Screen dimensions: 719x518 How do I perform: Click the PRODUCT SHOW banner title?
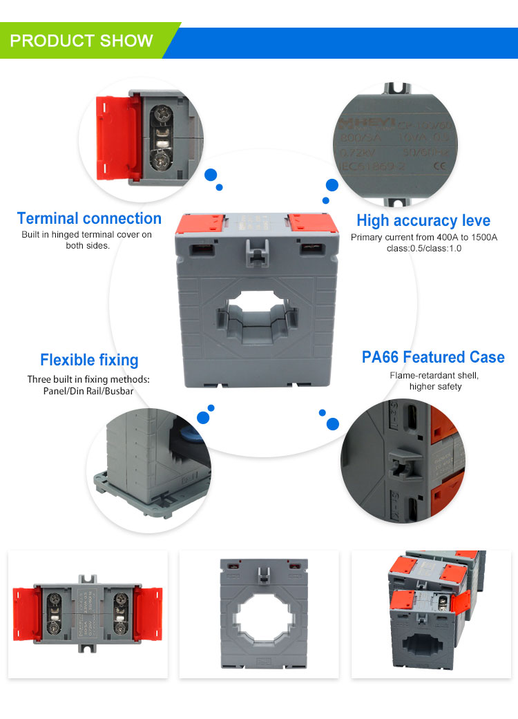point(81,41)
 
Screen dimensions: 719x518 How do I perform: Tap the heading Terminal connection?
point(89,219)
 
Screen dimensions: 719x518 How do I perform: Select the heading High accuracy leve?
point(423,220)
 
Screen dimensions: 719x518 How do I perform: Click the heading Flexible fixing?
point(89,360)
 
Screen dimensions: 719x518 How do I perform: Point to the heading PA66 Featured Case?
point(433,357)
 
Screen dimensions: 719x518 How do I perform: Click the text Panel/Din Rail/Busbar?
point(88,391)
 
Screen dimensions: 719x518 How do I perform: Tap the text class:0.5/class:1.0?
point(424,249)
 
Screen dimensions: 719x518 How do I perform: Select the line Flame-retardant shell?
point(434,375)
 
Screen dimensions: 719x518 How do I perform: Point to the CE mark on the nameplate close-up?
point(438,166)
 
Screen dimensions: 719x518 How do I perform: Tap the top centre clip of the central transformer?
point(257,250)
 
